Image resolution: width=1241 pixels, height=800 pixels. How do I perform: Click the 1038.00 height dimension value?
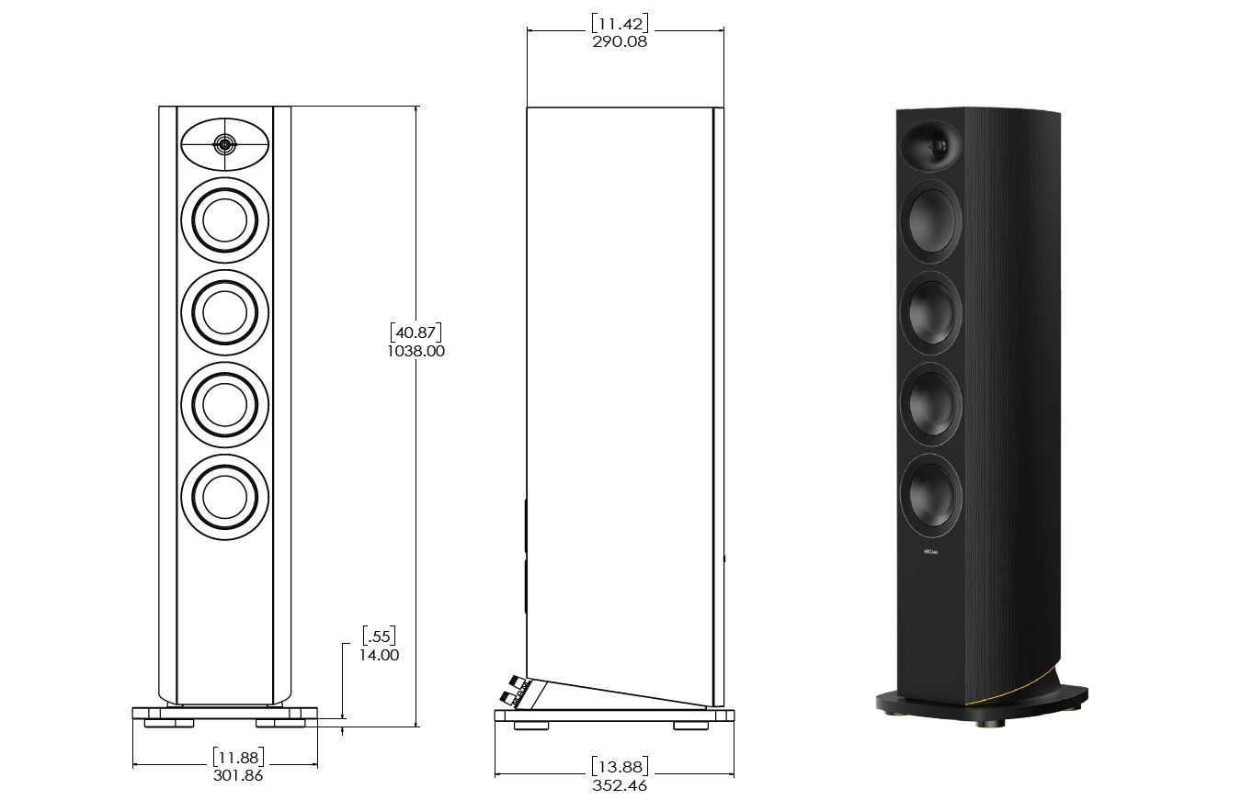tap(416, 351)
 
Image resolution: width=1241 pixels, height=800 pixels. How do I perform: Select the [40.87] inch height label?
tap(416, 332)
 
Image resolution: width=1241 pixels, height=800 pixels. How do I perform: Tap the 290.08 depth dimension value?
tap(620, 41)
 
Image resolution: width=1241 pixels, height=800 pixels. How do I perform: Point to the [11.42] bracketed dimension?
tap(620, 23)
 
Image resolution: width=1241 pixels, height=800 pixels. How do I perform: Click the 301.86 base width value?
tap(238, 775)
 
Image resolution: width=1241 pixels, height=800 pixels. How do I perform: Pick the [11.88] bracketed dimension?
tap(238, 757)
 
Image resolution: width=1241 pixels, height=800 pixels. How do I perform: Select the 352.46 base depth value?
tap(620, 785)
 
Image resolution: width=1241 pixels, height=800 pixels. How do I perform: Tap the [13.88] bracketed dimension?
tap(620, 767)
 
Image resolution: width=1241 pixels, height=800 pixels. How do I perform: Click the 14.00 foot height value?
tap(379, 655)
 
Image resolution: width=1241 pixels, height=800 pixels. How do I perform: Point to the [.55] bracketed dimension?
tap(379, 636)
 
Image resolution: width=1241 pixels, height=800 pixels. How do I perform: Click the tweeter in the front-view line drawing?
tap(224, 145)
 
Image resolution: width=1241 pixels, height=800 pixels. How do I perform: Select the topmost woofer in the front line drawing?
tap(224, 220)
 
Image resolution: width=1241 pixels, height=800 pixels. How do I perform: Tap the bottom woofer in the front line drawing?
tap(224, 497)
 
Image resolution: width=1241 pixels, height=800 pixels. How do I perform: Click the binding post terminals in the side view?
tap(514, 691)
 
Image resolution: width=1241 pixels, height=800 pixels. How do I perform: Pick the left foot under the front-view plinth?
tap(169, 723)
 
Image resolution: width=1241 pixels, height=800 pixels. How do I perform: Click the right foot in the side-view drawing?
tap(690, 726)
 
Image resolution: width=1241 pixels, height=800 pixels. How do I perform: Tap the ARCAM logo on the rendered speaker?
tap(930, 552)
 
